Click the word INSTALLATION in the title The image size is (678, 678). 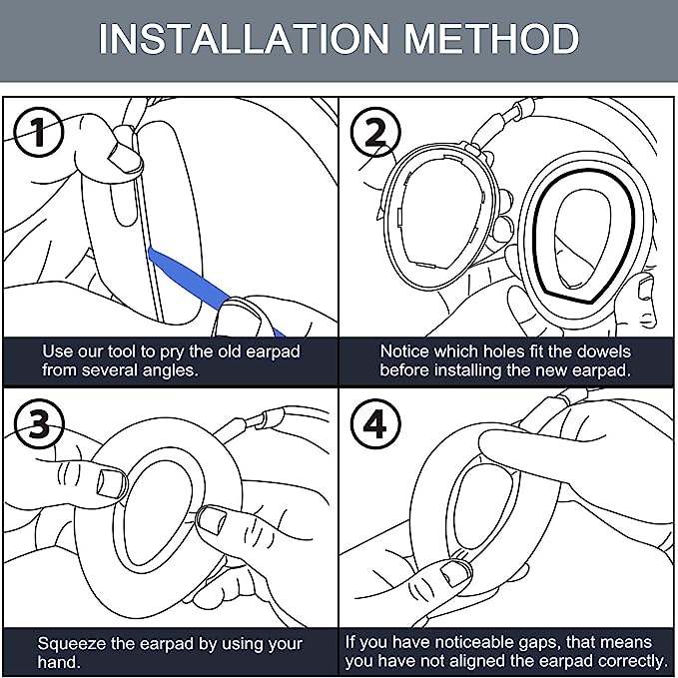click(245, 39)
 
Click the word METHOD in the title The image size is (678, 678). click(491, 39)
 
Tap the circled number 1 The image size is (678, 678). click(39, 132)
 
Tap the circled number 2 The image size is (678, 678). click(375, 132)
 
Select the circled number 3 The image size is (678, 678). click(39, 423)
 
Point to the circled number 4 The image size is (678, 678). click(375, 423)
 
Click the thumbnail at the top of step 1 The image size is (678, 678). click(125, 158)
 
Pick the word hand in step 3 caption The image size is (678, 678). click(57, 662)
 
